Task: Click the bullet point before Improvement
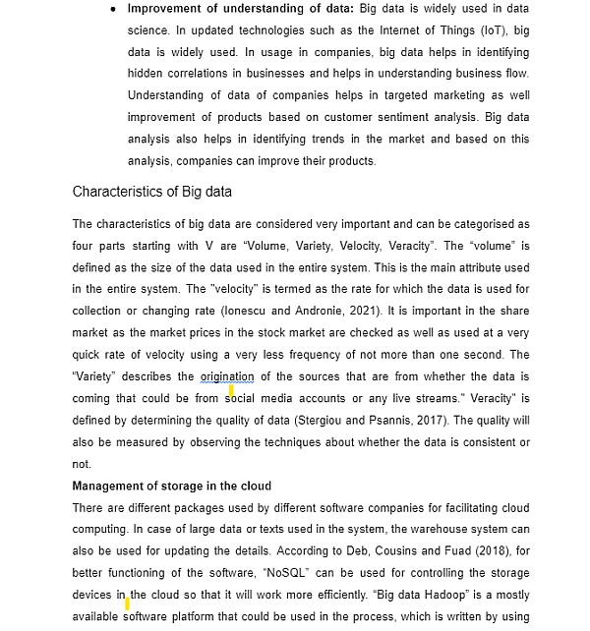click(x=115, y=9)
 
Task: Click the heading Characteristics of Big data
click(x=152, y=191)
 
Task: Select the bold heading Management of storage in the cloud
click(x=172, y=486)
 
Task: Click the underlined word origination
click(x=227, y=376)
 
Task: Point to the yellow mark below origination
click(x=231, y=391)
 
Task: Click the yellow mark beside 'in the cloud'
click(x=128, y=602)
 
